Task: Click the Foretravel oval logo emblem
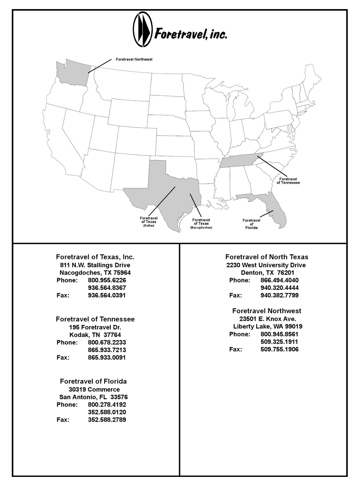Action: (x=142, y=30)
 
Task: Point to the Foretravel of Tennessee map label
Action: (x=288, y=181)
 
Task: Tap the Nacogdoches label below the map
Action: (x=201, y=228)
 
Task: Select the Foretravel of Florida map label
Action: (x=251, y=224)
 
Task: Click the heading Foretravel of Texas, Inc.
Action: (x=95, y=257)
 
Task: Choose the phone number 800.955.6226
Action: (x=107, y=280)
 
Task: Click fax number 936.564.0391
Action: (x=106, y=295)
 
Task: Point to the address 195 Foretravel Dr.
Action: (x=95, y=327)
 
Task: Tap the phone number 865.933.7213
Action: (x=107, y=350)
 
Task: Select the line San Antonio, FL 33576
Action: (x=93, y=397)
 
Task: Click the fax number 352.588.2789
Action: (x=107, y=420)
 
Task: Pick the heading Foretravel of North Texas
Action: (x=267, y=257)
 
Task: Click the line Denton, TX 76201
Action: (x=268, y=273)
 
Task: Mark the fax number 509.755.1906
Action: (x=279, y=349)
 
